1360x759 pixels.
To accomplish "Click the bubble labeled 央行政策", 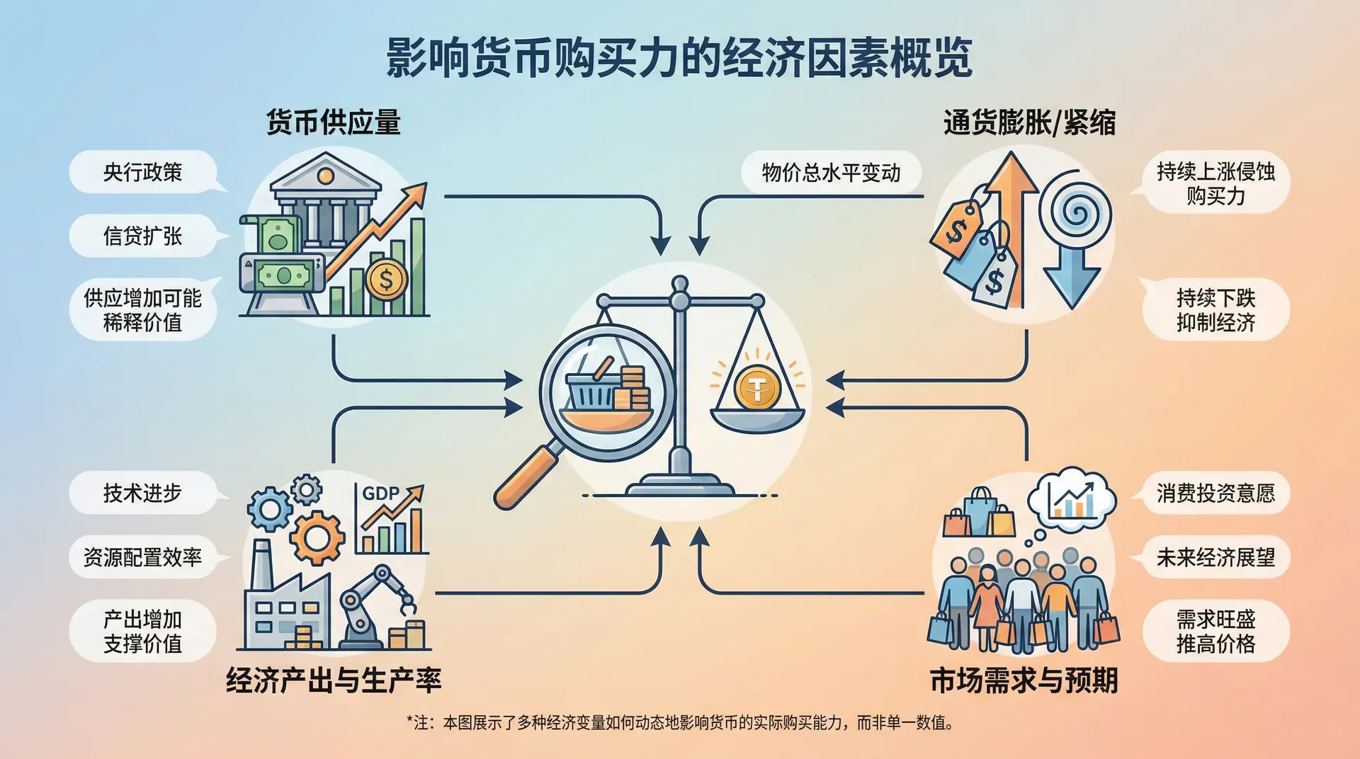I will pyautogui.click(x=142, y=172).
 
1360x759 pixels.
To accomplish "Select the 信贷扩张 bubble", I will pyautogui.click(x=142, y=236).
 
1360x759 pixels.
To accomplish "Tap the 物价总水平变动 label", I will pyautogui.click(x=831, y=172).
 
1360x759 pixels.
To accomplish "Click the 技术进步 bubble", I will pyautogui.click(x=142, y=493).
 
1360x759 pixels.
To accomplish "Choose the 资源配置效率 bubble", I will pyautogui.click(x=142, y=557).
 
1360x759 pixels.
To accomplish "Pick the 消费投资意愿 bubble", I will pyautogui.click(x=1215, y=493).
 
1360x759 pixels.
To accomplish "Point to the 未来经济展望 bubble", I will pyautogui.click(x=1215, y=557).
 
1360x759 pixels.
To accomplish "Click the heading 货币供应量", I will pyautogui.click(x=333, y=122).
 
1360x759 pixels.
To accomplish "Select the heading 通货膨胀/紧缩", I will pyautogui.click(x=1029, y=122).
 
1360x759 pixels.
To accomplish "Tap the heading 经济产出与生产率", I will pyautogui.click(x=334, y=680).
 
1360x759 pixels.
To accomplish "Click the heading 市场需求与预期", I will pyautogui.click(x=1024, y=680).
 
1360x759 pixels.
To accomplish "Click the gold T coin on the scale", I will pyautogui.click(x=757, y=387).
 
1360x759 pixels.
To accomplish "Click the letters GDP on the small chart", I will pyautogui.click(x=381, y=493).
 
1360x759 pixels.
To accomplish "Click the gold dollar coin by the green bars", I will pyautogui.click(x=386, y=280).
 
